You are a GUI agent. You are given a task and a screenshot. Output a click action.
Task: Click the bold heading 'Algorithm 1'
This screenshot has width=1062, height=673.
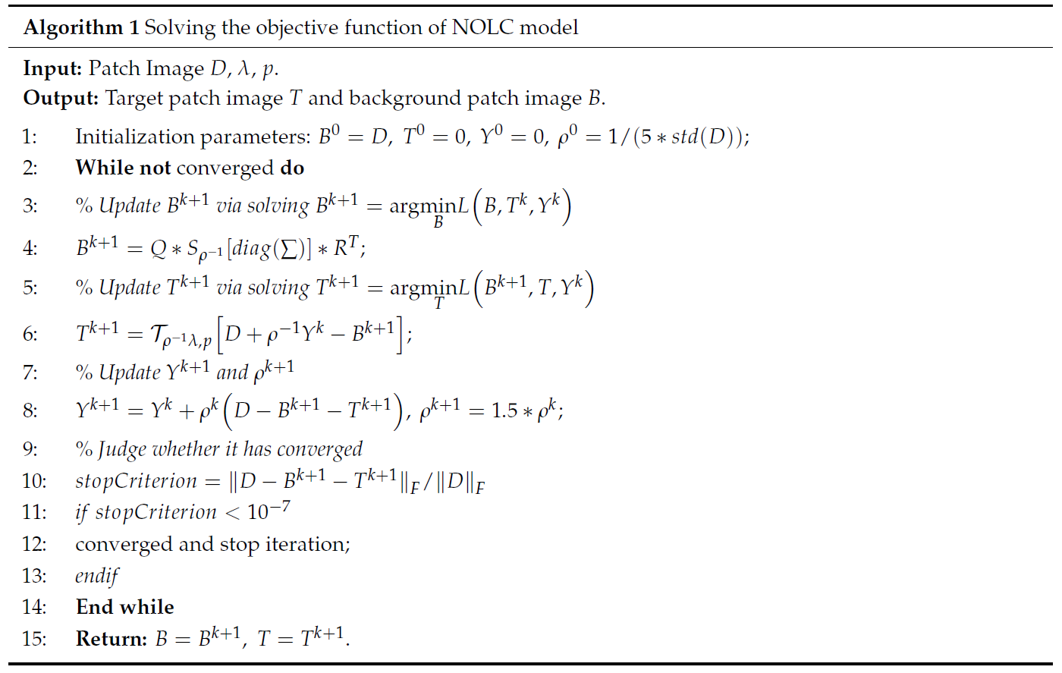tap(81, 28)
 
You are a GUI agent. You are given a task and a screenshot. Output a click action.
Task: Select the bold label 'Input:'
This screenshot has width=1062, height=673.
tap(52, 68)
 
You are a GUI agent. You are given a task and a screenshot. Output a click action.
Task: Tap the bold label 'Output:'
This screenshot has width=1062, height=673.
tap(61, 99)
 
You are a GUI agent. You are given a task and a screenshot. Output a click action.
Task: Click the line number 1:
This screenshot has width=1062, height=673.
tap(30, 137)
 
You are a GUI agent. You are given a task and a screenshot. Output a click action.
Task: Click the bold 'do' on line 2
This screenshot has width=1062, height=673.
tap(292, 168)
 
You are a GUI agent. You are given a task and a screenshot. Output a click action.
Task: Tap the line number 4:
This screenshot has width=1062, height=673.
tap(30, 248)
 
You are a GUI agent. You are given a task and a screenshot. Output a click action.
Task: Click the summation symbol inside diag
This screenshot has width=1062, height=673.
tap(289, 249)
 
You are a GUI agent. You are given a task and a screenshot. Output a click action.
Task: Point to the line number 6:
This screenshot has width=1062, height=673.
tap(30, 334)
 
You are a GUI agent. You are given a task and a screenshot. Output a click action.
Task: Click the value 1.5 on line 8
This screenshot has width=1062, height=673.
tap(505, 411)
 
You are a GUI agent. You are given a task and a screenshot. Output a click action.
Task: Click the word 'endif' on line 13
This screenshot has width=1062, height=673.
tap(96, 576)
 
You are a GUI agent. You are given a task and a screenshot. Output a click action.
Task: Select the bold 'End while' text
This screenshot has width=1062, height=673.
tap(125, 607)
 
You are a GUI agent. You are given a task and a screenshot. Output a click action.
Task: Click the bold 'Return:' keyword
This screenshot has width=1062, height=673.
tap(112, 639)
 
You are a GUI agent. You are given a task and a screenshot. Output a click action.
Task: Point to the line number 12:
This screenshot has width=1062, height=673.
tap(33, 544)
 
